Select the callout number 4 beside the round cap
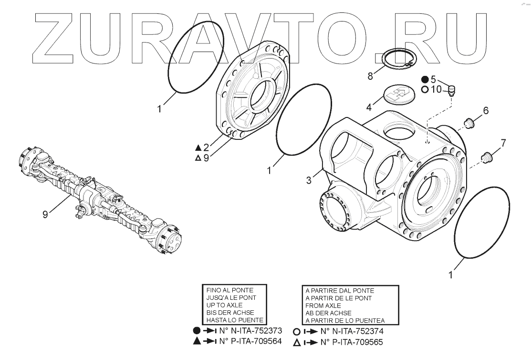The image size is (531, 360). click(369, 107)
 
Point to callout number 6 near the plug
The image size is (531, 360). click(486, 111)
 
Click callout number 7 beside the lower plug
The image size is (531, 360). click(503, 143)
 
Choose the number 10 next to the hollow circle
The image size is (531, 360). click(436, 89)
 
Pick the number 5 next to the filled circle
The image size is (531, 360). click(433, 79)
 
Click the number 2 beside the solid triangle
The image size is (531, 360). click(206, 147)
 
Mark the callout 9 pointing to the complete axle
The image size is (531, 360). click(45, 214)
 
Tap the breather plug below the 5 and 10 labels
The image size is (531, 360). click(451, 90)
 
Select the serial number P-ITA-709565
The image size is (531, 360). click(358, 342)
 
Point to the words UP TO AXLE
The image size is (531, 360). click(224, 305)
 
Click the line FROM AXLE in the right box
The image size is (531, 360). click(323, 305)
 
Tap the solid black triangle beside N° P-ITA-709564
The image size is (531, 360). click(197, 341)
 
